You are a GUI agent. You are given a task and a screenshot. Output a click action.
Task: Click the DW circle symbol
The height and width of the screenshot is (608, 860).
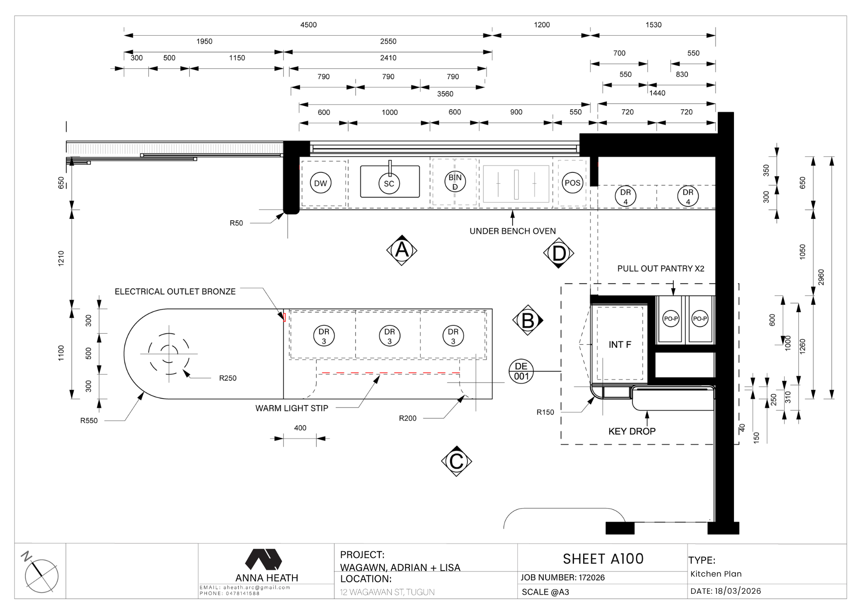tap(320, 183)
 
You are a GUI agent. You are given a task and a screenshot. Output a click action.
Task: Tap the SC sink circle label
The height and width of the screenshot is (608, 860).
tap(389, 184)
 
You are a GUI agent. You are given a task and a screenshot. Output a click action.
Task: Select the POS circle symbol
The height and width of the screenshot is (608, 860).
tap(572, 183)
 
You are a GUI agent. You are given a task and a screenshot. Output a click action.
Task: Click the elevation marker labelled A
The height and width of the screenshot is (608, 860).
tap(402, 250)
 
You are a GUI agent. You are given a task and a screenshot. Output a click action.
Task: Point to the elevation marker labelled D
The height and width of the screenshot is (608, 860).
tap(559, 253)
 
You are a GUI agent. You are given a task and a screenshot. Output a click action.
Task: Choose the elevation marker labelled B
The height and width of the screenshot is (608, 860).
tap(528, 320)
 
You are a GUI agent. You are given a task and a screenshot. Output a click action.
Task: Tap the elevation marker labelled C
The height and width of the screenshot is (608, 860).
tap(456, 461)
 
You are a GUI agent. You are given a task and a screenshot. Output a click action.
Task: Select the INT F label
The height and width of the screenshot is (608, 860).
tap(620, 344)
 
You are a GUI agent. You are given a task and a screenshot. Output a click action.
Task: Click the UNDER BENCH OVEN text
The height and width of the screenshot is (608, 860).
tap(513, 231)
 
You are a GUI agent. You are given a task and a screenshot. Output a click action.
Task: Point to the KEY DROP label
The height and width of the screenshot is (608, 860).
tap(632, 431)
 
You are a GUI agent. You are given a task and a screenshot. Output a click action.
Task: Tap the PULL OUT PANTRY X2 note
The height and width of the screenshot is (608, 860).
tap(661, 269)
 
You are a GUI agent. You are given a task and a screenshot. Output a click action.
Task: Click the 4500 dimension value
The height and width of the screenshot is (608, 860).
tap(308, 25)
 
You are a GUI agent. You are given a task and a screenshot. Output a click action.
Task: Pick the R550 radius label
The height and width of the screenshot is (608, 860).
tap(89, 421)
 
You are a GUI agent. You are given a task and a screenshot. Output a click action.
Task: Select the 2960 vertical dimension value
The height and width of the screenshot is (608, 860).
tap(821, 277)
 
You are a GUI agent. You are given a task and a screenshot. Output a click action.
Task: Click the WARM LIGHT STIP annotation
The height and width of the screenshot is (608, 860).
tap(292, 408)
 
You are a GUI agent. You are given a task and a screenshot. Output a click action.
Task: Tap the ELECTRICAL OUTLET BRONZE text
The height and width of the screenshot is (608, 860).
tap(175, 292)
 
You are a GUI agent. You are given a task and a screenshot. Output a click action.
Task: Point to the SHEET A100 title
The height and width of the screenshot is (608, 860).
tap(603, 559)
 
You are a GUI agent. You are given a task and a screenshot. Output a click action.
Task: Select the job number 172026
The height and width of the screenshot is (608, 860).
tap(592, 577)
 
